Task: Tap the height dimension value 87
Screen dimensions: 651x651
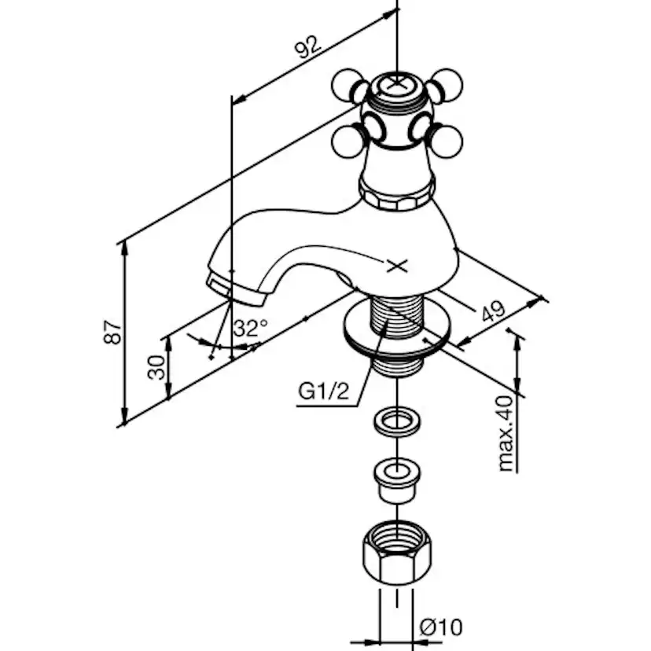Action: tap(115, 332)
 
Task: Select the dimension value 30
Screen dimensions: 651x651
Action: tap(157, 366)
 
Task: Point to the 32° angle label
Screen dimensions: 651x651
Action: tap(250, 328)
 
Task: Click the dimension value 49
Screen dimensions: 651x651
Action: tap(494, 311)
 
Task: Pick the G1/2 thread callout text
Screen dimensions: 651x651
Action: tap(323, 391)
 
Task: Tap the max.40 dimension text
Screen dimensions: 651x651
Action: tap(507, 433)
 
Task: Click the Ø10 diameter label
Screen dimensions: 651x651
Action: tap(441, 627)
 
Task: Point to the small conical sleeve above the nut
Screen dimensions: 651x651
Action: tap(398, 480)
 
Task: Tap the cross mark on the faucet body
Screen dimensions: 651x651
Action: tap(398, 266)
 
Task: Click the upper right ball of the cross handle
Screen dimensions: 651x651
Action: tap(447, 83)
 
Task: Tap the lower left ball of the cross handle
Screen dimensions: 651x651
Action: tap(347, 142)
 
